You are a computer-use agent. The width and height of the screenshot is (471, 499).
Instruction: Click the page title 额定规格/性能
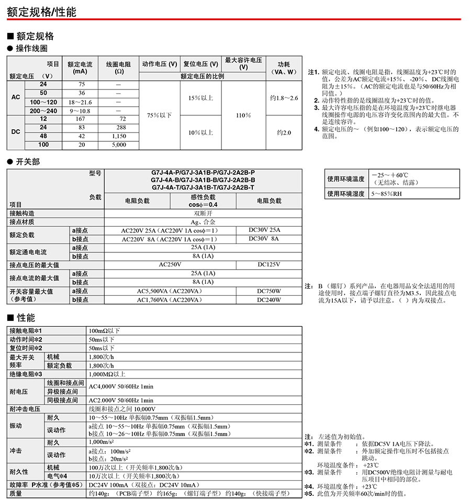42,12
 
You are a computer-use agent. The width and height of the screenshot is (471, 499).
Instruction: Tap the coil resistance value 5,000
119,145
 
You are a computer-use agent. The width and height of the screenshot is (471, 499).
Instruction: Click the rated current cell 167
81,119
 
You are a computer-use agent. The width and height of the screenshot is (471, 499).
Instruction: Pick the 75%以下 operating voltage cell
159,115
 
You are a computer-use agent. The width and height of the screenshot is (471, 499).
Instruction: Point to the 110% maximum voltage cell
243,115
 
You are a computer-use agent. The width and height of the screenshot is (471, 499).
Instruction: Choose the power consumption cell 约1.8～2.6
284,98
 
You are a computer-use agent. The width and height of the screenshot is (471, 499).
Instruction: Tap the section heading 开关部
28,162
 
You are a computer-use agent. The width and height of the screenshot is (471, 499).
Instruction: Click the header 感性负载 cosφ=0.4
203,201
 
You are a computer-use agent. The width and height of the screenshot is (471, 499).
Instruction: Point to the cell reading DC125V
269,264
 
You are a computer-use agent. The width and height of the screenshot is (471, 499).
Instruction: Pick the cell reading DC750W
269,291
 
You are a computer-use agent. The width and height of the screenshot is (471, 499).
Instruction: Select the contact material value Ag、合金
203,222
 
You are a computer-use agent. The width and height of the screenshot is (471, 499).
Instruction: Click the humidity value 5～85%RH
387,194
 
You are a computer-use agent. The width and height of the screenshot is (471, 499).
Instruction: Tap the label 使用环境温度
345,179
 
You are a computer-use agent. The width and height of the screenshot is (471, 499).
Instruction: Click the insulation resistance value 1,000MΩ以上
107,374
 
